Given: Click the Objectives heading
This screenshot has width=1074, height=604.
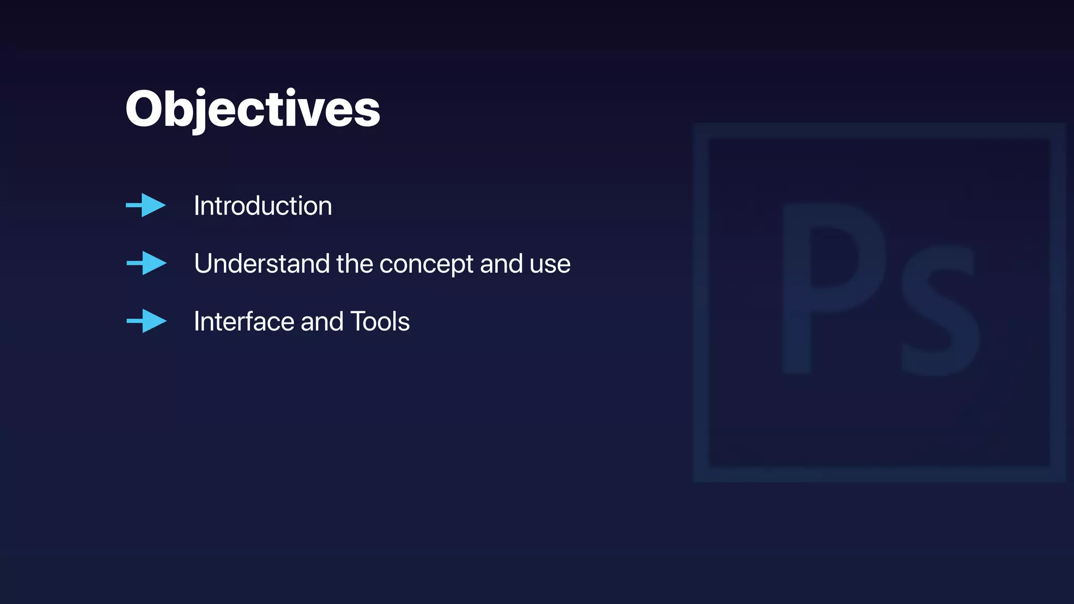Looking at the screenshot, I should click(253, 109).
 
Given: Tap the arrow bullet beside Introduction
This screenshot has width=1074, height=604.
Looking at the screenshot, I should click(146, 205).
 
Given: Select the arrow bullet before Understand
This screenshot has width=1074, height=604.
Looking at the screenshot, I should click(147, 263).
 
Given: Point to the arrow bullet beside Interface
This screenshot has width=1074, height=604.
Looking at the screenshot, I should click(147, 321).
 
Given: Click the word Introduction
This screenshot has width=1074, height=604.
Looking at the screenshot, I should click(263, 206).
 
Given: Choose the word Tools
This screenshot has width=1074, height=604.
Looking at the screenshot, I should click(380, 321).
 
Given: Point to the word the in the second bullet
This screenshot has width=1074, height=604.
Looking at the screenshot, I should click(355, 263).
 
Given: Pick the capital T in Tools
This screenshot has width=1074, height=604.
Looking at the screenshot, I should click(358, 321).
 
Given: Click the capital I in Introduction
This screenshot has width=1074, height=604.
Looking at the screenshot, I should click(197, 206).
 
